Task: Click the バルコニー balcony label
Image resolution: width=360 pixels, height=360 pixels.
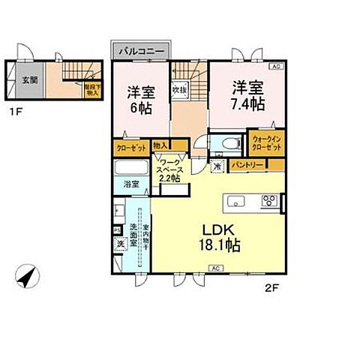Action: point(140,52)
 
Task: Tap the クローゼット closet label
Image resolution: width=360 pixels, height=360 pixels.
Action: point(130,147)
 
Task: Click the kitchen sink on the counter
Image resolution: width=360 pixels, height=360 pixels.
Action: point(235,201)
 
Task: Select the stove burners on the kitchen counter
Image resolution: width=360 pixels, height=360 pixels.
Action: point(269,201)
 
